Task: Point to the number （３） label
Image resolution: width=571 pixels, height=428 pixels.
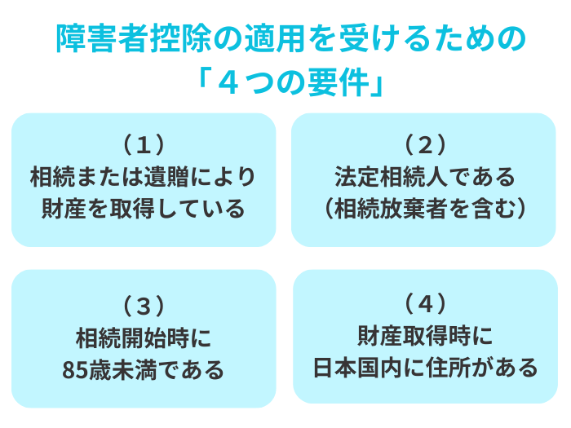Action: (x=144, y=306)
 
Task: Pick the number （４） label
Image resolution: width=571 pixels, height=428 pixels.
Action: (x=425, y=303)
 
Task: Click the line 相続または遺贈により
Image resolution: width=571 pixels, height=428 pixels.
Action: (x=144, y=176)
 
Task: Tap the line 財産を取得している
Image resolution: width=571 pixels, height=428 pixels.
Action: (x=144, y=209)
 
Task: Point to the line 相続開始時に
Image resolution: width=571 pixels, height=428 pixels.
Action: (x=144, y=338)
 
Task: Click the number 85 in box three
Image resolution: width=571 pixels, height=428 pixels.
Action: (x=74, y=371)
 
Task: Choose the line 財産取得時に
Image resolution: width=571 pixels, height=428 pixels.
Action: (x=425, y=335)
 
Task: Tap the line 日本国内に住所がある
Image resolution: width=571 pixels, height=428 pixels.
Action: (x=425, y=368)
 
